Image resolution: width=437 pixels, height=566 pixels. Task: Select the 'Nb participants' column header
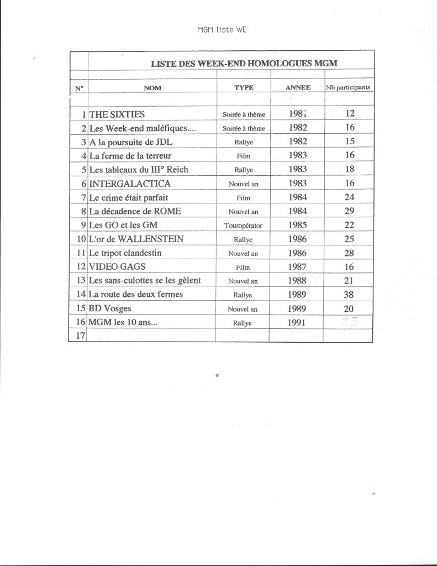pos(348,87)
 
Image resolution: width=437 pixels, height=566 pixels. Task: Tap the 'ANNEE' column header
pos(298,87)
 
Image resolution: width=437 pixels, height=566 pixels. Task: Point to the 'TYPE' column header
pos(244,87)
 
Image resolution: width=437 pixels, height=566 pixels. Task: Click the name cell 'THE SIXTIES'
pos(117,114)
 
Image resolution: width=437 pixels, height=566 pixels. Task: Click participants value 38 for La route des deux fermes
pos(349,295)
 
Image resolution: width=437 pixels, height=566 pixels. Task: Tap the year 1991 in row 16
pos(297,322)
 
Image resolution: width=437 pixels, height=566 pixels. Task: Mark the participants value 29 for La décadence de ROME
pos(349,211)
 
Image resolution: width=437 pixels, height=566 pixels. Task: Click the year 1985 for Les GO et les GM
pos(297,226)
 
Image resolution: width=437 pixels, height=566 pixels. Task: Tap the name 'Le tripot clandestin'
pos(125,253)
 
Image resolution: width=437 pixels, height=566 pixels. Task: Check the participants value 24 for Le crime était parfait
pos(349,197)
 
